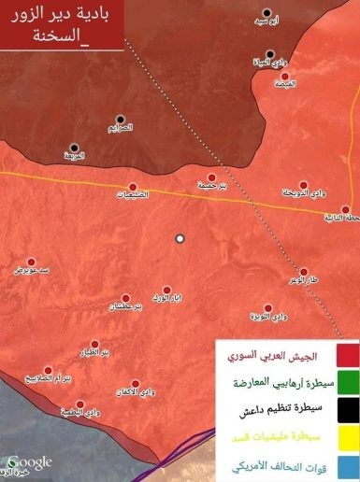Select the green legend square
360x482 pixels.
(346, 381)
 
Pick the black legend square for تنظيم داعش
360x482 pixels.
(346, 408)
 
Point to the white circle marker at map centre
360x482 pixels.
(180, 238)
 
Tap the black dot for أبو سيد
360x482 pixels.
(266, 14)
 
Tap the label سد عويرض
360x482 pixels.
(29, 270)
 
